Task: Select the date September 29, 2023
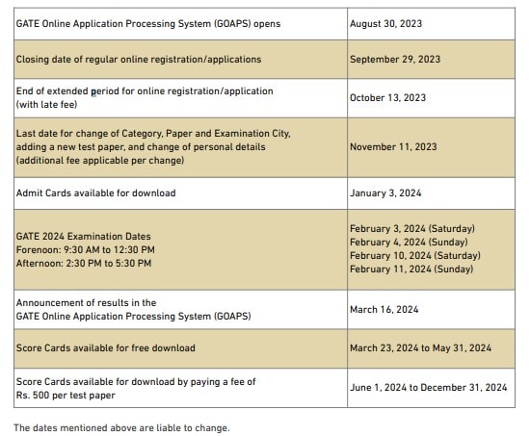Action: [394, 60]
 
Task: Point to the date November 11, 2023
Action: [392, 146]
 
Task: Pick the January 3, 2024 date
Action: [384, 193]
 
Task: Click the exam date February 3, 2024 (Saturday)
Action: [411, 229]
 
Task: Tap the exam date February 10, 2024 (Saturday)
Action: [414, 256]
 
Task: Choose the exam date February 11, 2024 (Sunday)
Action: [411, 269]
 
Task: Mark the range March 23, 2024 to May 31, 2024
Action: [420, 347]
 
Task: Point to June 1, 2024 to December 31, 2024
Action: [428, 388]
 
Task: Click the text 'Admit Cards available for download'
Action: [95, 193]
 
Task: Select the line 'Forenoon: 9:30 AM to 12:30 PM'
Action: [85, 249]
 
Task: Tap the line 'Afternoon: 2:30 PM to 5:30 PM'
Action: [85, 263]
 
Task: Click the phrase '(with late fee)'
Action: [46, 104]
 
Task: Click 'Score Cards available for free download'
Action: [105, 347]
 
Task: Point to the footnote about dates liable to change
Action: [121, 427]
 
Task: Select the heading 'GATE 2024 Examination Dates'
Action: [83, 236]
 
